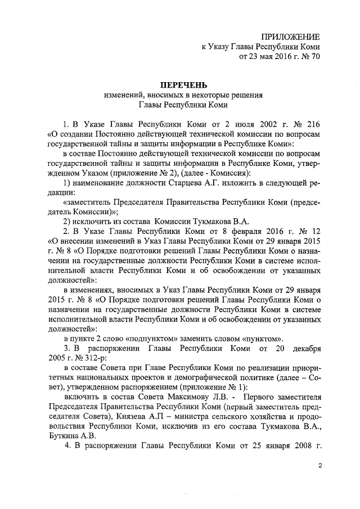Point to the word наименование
coord(100,183)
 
